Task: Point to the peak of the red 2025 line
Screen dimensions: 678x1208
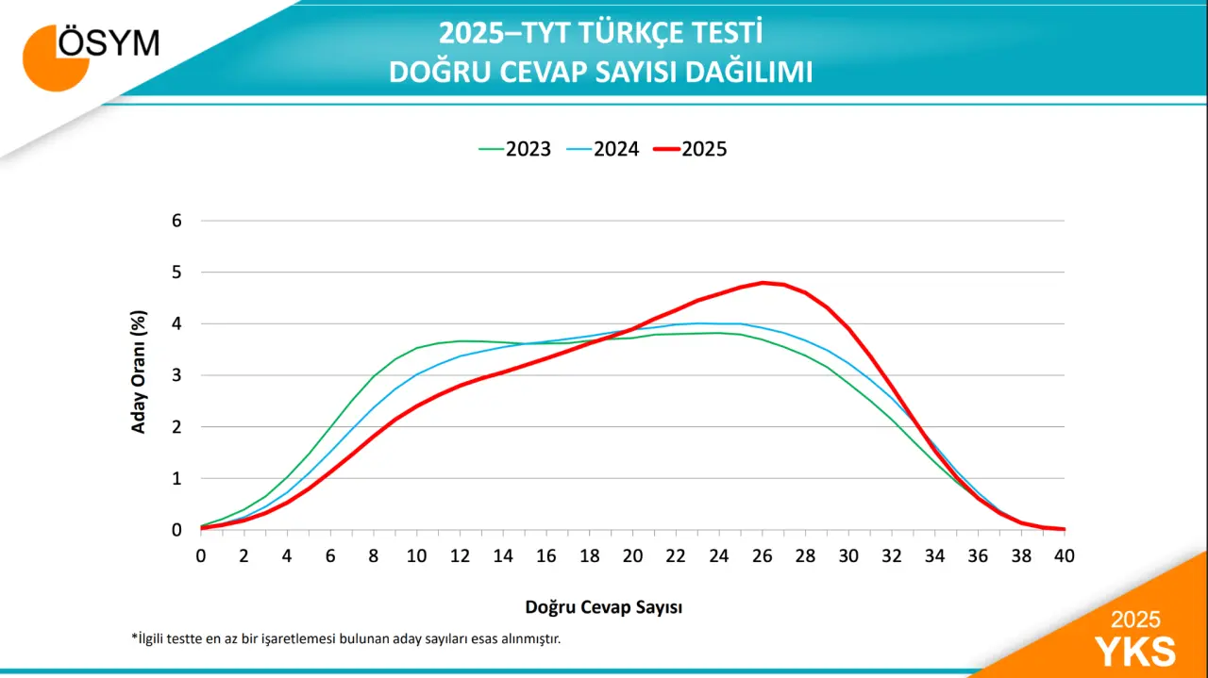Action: point(763,282)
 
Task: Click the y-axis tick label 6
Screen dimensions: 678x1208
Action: point(176,221)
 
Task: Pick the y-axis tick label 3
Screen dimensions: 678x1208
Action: point(176,375)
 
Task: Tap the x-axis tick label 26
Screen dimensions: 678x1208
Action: point(762,556)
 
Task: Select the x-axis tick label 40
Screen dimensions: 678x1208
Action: point(1065,556)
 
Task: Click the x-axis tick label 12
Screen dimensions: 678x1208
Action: point(460,556)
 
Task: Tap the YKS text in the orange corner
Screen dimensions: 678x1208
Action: point(1135,652)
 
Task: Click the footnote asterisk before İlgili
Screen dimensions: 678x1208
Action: point(134,637)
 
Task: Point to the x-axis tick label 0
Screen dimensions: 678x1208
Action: point(201,556)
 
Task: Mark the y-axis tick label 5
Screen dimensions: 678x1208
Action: point(176,273)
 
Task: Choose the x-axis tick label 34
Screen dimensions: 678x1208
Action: point(934,556)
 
